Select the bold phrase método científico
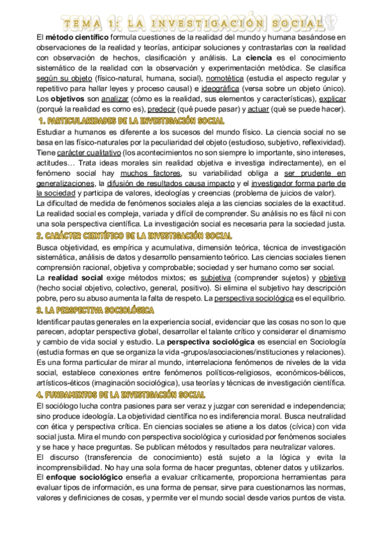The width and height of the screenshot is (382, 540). coord(71,38)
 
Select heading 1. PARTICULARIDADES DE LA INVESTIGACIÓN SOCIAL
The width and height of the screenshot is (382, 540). coord(131,120)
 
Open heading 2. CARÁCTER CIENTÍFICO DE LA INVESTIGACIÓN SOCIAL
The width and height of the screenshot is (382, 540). coord(130,235)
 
